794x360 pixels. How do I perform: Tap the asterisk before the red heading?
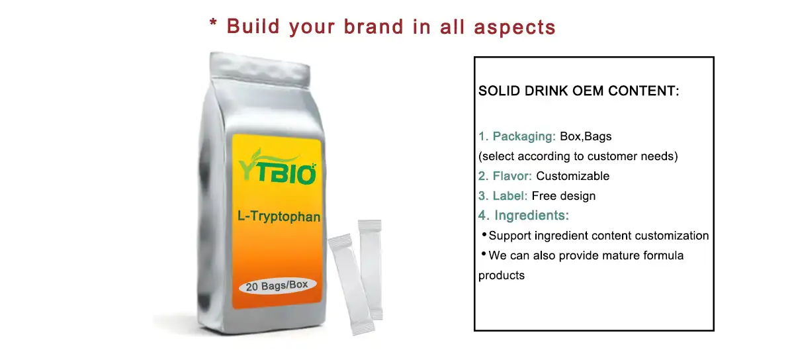click(213, 24)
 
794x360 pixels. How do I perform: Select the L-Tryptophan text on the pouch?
click(278, 216)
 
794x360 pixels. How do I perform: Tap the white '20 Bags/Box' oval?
click(278, 286)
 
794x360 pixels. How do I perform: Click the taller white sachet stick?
click(371, 268)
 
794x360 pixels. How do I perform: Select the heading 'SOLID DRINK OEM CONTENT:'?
click(579, 91)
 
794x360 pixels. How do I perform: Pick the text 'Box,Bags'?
click(586, 136)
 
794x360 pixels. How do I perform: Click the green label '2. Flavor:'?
click(506, 176)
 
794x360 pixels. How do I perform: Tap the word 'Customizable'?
click(572, 176)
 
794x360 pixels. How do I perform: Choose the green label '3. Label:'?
click(503, 196)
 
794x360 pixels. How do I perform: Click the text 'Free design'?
click(563, 196)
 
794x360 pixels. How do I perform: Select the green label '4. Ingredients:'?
click(524, 215)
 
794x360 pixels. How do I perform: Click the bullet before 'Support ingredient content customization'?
click(484, 234)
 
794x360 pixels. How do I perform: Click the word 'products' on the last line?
click(502, 275)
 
